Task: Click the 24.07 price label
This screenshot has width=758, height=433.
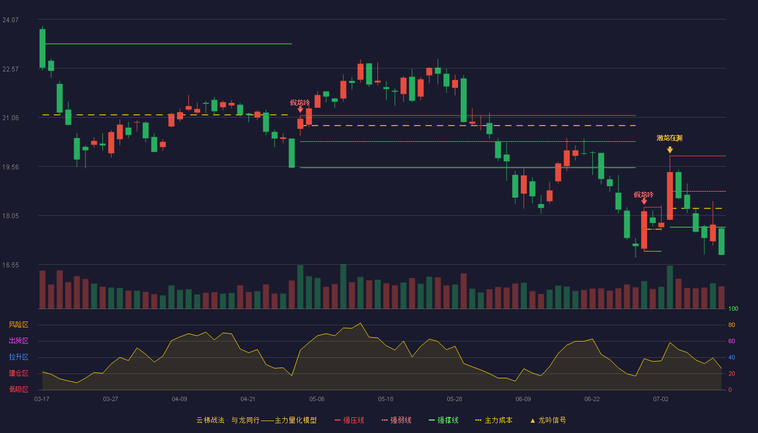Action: click(10, 20)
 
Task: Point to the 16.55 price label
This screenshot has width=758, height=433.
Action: click(10, 265)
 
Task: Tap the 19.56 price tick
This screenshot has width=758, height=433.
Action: click(10, 167)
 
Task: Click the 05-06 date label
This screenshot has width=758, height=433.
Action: click(317, 399)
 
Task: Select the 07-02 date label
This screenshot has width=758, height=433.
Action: click(661, 399)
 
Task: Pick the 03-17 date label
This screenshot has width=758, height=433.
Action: click(42, 399)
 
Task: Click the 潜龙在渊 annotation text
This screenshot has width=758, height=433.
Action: click(669, 138)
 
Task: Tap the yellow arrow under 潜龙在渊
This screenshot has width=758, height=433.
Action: click(670, 150)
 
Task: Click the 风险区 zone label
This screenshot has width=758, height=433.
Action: click(18, 325)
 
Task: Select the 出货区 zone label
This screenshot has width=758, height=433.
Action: click(18, 340)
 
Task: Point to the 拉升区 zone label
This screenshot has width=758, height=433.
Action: click(18, 357)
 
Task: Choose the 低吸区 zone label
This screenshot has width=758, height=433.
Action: click(18, 389)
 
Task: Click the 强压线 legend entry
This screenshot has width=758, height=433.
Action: click(349, 421)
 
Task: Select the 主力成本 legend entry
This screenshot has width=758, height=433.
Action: click(494, 421)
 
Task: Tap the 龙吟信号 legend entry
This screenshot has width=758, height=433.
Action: click(548, 421)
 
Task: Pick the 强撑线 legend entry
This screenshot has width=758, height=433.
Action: click(443, 421)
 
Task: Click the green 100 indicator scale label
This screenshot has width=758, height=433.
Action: click(733, 309)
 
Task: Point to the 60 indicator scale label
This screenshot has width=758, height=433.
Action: click(731, 341)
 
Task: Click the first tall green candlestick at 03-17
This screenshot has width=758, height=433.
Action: click(42, 48)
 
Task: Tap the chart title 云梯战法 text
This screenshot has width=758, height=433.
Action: click(210, 421)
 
